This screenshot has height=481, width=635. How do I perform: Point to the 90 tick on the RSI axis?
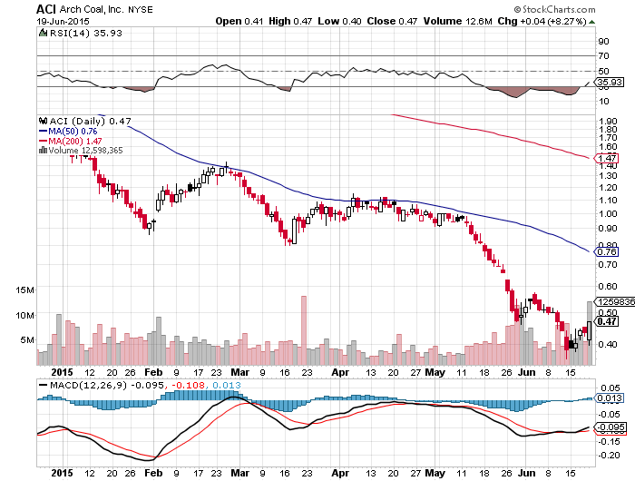click(601, 41)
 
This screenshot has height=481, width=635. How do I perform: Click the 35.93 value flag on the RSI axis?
click(606, 83)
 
